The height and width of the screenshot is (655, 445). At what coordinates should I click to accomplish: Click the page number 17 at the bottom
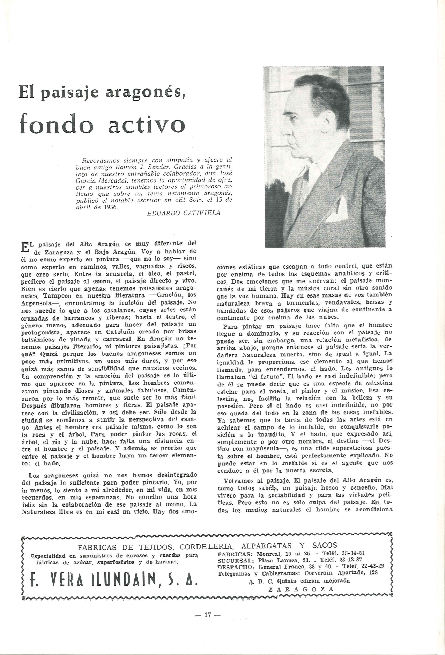[207, 615]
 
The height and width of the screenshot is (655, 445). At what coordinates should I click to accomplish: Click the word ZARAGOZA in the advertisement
[301, 589]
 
